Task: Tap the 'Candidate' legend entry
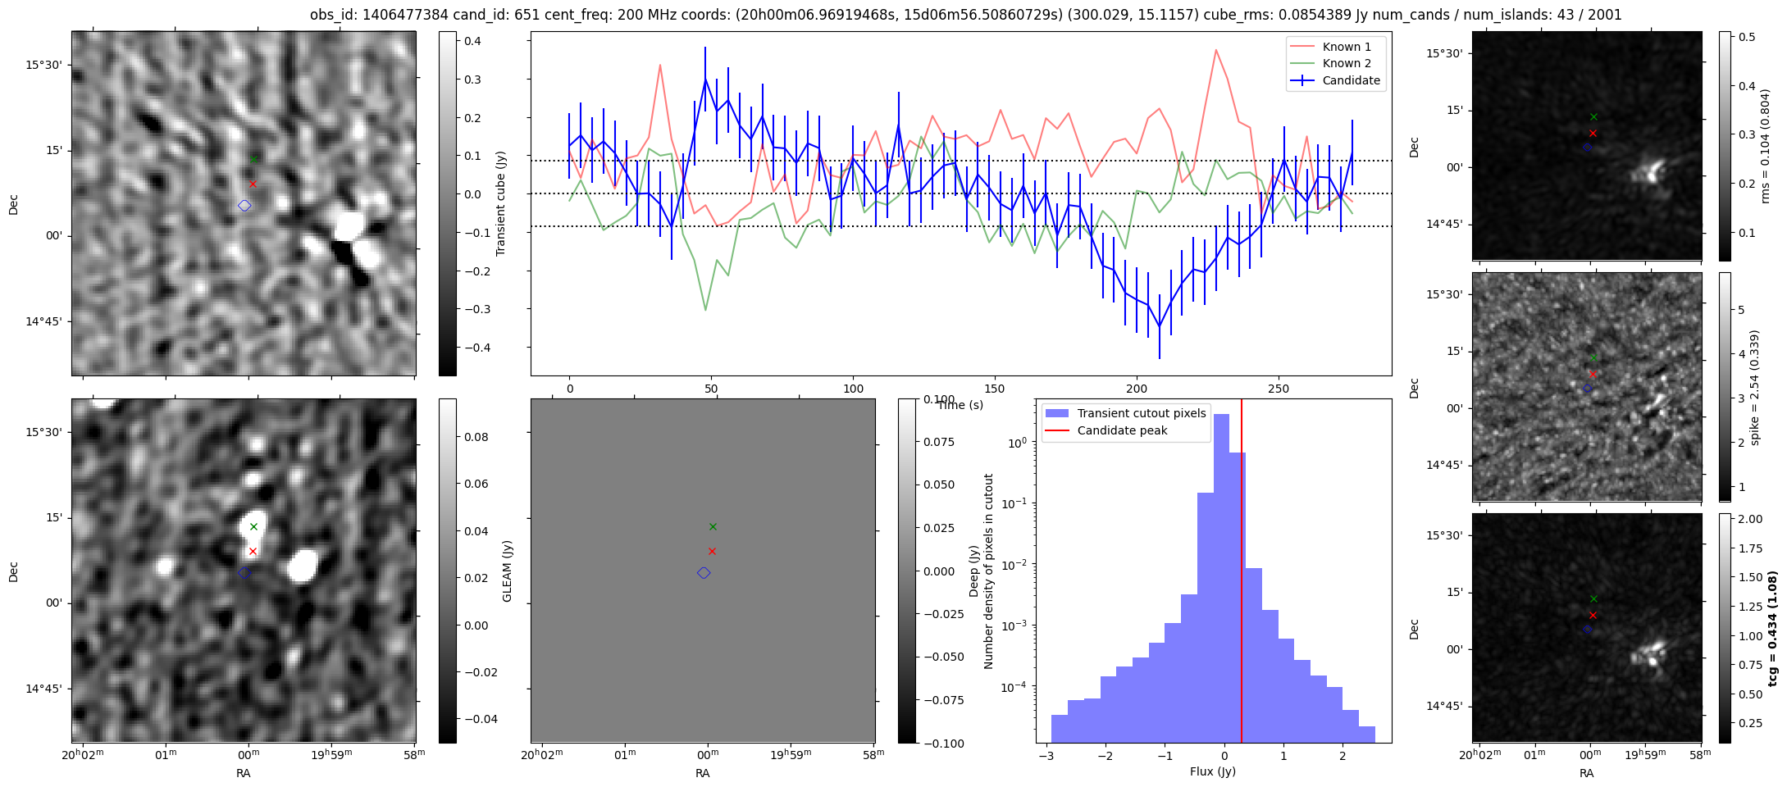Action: [1351, 80]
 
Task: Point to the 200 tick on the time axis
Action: [1137, 389]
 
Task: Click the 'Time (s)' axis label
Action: [960, 405]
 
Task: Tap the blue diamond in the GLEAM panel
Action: [704, 573]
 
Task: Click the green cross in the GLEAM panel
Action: [713, 526]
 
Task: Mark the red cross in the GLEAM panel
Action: [712, 551]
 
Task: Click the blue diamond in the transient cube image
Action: [244, 206]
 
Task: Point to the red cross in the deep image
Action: [253, 551]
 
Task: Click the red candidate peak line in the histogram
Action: [1242, 574]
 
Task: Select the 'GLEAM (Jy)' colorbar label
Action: [507, 571]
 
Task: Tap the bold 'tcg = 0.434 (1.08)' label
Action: [1773, 629]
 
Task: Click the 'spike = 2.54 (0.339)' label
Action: [1755, 388]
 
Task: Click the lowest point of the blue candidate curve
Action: [1160, 326]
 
